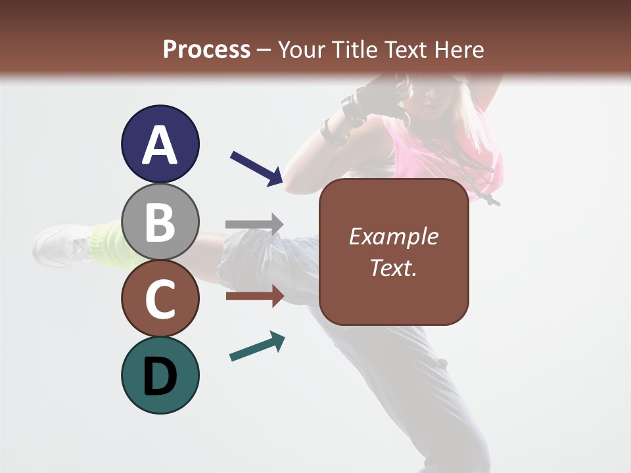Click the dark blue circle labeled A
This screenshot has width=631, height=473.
tap(160, 144)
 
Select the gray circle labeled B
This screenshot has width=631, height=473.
tap(160, 221)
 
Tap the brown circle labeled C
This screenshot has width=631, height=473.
tap(160, 298)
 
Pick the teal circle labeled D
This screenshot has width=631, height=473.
tap(160, 375)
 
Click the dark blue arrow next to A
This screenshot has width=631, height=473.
tap(256, 168)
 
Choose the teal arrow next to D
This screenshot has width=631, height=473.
tap(257, 347)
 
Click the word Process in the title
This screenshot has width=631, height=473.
tap(206, 50)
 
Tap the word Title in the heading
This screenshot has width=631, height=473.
tap(353, 50)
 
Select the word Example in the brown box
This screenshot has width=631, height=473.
tap(393, 236)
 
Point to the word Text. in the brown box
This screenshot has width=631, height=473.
tap(393, 267)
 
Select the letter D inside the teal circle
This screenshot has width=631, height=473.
tap(160, 376)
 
